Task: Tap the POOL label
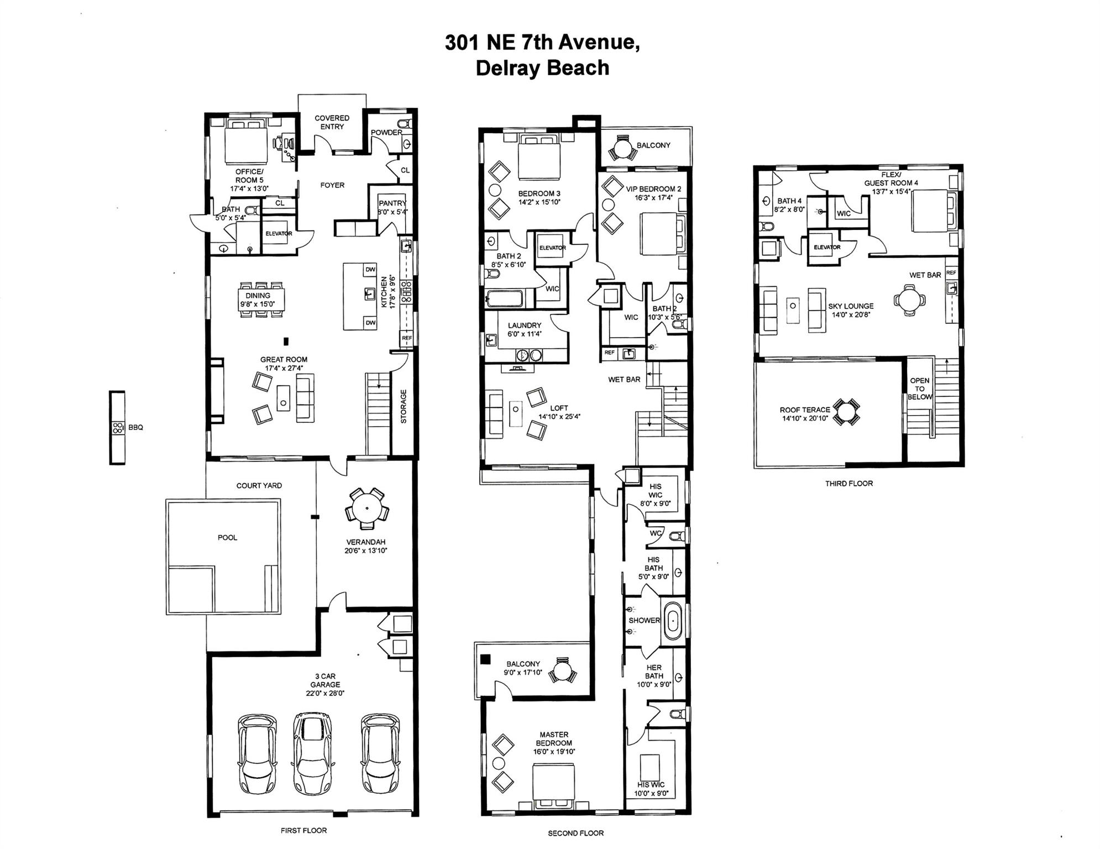(x=227, y=537)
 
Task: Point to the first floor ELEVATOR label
(x=279, y=233)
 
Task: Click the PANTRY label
(x=392, y=203)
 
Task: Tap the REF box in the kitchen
(x=407, y=338)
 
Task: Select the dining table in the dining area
(x=262, y=299)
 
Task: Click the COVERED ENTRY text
(x=332, y=122)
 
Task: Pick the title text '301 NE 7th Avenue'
(x=542, y=42)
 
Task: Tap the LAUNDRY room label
(x=525, y=326)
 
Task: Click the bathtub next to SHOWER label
(x=673, y=621)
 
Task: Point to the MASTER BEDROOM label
(x=554, y=739)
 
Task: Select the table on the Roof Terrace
(x=846, y=412)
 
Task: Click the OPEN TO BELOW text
(x=920, y=389)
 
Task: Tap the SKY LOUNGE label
(x=851, y=306)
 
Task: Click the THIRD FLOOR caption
(x=849, y=483)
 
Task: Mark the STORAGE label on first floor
(x=404, y=406)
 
